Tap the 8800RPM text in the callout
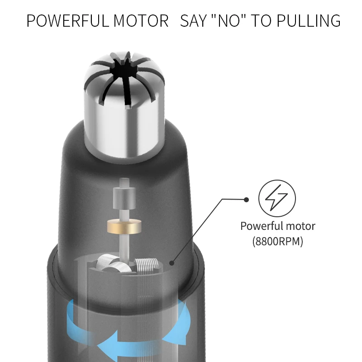click(277, 242)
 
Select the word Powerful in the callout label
click(262, 226)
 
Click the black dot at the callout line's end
click(246, 199)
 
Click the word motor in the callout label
click(300, 226)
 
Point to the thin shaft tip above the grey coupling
click(122, 182)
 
